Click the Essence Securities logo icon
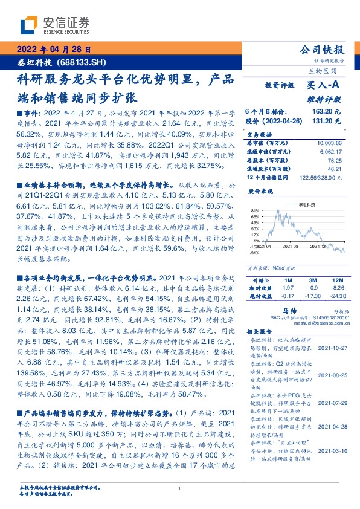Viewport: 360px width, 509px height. click(x=28, y=25)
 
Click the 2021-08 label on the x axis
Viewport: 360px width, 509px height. click(x=291, y=247)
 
